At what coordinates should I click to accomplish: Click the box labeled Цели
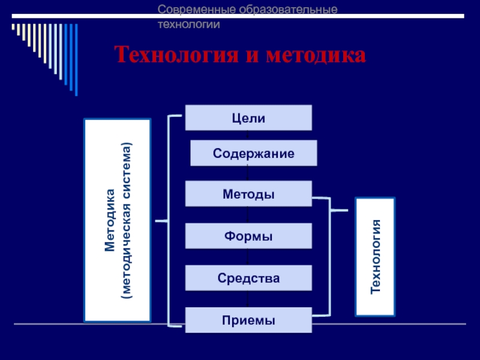(248, 118)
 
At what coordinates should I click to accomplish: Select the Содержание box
(253, 153)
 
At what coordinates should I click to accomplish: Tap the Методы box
(248, 194)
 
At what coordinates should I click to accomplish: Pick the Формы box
(248, 236)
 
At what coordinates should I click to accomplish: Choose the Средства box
(248, 278)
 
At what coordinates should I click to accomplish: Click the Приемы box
(248, 320)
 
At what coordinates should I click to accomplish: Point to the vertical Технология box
(376, 257)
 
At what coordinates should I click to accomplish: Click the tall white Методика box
(118, 220)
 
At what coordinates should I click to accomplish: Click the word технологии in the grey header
(188, 25)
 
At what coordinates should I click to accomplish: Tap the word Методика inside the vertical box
(110, 220)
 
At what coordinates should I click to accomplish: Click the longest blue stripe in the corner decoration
(75, 60)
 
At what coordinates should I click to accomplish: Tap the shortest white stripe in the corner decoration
(13, 28)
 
